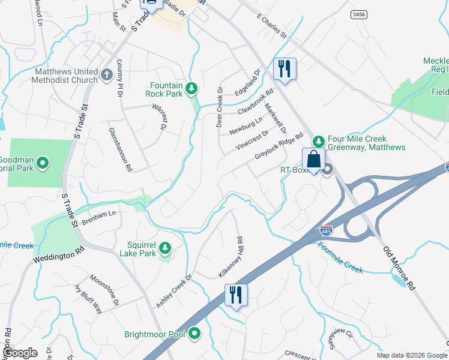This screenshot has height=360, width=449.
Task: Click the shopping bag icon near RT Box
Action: click(314, 160)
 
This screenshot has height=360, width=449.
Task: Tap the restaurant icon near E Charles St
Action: click(284, 68)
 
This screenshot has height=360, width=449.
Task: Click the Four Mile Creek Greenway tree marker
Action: click(319, 141)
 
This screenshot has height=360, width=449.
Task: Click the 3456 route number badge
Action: click(359, 14)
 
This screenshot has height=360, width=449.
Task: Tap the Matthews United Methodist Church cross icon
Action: click(107, 75)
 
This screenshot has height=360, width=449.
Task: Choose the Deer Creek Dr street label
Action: click(220, 107)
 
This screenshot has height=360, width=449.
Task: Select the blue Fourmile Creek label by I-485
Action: click(340, 257)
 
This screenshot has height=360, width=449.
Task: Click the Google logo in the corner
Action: click(20, 353)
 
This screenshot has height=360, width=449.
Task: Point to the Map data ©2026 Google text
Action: click(412, 355)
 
